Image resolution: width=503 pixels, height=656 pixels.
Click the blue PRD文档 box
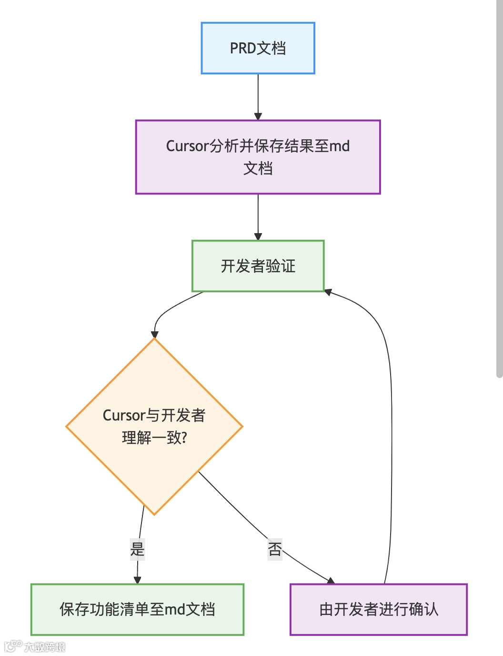[x=258, y=48]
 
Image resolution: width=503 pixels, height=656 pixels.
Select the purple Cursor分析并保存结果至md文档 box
[x=258, y=157]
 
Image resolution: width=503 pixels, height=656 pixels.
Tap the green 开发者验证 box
[x=258, y=266]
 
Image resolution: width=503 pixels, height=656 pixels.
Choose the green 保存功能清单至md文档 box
[x=137, y=609]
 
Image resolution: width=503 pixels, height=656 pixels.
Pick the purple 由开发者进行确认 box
[x=379, y=609]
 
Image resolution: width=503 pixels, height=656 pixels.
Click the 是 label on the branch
[x=137, y=549]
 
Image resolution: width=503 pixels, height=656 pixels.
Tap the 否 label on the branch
[x=275, y=549]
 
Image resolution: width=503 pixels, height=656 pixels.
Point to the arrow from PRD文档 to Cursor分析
[x=258, y=95]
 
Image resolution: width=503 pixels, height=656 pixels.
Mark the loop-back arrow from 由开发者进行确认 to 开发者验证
[x=392, y=429]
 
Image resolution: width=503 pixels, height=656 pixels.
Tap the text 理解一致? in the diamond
[x=154, y=438]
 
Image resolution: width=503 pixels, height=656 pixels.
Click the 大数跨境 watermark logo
[x=34, y=646]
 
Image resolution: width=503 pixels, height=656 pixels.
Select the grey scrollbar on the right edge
[x=499, y=191]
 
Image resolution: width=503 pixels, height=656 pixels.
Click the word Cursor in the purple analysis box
[x=187, y=146]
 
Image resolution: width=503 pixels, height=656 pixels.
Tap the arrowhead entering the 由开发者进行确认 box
[x=331, y=581]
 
